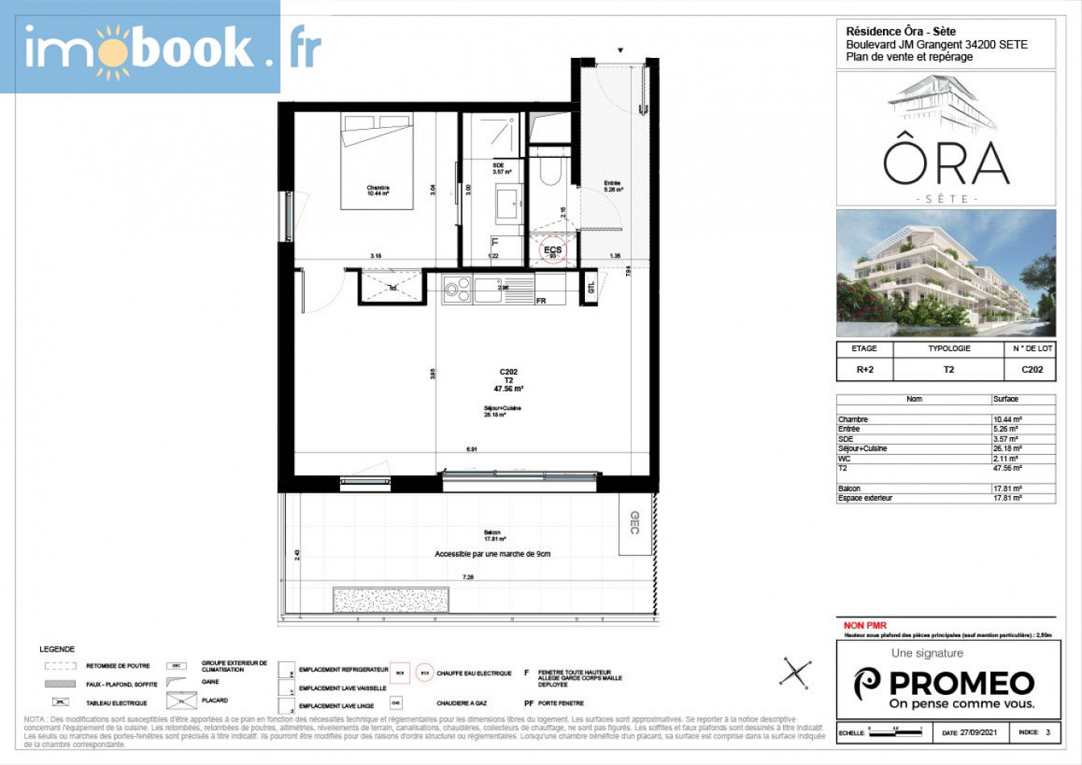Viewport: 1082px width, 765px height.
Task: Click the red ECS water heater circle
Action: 553,250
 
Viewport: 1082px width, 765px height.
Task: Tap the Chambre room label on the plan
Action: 378,191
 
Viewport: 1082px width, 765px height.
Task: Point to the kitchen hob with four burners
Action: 458,289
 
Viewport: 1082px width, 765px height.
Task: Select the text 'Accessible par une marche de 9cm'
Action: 492,554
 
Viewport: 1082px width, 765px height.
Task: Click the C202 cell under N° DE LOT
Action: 1032,370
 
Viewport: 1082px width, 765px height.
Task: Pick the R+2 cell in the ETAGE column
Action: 864,370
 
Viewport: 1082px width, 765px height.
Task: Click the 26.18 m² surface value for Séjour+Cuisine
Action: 1008,449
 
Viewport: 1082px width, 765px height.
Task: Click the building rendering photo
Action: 946,273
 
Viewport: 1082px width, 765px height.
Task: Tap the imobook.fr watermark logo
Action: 140,48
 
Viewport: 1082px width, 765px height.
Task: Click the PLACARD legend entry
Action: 214,701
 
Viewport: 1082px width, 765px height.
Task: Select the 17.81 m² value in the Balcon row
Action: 1008,489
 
